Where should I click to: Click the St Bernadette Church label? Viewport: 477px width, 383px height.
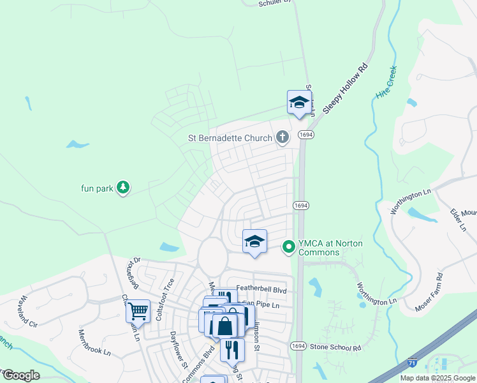point(230,137)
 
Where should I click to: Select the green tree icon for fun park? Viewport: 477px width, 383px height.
point(123,188)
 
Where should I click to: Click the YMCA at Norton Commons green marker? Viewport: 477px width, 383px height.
point(289,246)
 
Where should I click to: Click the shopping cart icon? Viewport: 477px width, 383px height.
point(138,312)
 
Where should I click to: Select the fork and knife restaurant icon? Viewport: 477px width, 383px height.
point(232,349)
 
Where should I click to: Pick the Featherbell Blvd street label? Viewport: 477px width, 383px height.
point(262,289)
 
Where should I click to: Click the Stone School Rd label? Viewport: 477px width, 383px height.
point(335,347)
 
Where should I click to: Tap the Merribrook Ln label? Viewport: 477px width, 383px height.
point(94,343)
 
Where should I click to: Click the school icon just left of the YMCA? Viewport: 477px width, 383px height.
point(254,241)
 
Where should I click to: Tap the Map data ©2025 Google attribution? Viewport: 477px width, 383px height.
point(437,378)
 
